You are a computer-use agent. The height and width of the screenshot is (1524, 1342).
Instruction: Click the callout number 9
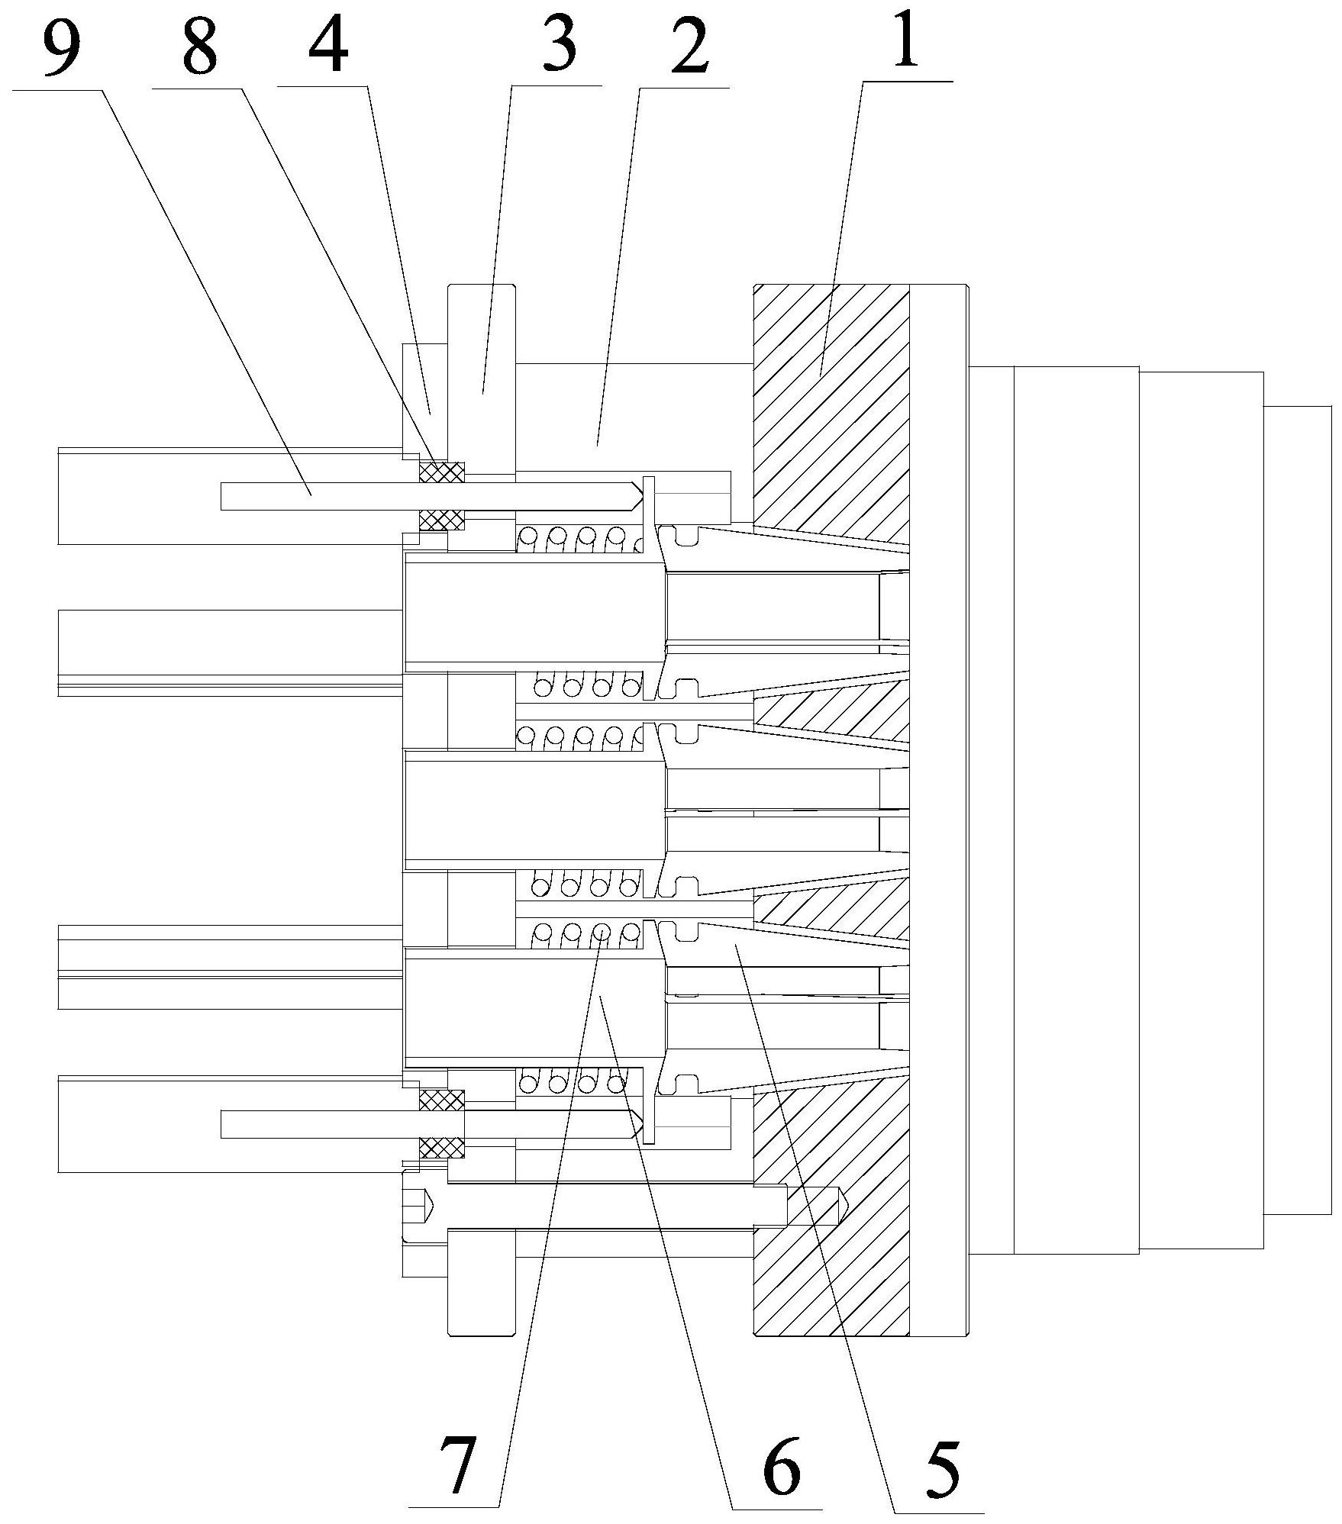click(x=61, y=43)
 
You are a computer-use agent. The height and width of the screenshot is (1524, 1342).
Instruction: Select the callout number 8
click(x=200, y=43)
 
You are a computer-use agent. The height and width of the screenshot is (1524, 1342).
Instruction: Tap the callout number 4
click(x=329, y=43)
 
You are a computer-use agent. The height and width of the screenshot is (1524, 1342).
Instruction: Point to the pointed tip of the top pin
click(x=635, y=496)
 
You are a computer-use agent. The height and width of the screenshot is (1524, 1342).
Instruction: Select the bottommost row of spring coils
click(x=573, y=1082)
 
